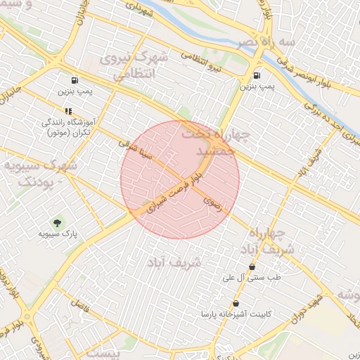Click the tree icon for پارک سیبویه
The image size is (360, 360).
pyautogui.click(x=58, y=222)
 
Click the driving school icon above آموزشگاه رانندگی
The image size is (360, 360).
pyautogui.click(x=68, y=111)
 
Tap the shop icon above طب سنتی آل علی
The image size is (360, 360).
pyautogui.click(x=252, y=266)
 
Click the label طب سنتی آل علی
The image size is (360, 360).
pyautogui.click(x=251, y=278)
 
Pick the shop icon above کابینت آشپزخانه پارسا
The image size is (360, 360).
pyautogui.click(x=235, y=304)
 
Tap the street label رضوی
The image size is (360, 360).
pyautogui.click(x=212, y=201)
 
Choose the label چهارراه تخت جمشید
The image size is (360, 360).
pyautogui.click(x=211, y=143)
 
